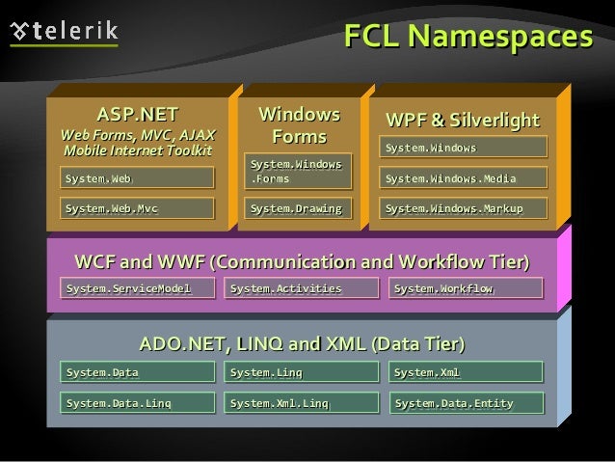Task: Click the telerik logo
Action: [x=64, y=33]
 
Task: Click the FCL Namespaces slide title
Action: [x=468, y=36]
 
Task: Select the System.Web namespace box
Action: [x=137, y=177]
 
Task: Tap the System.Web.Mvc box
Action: [x=137, y=208]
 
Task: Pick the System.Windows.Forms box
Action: [x=298, y=171]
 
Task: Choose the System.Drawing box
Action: [x=298, y=208]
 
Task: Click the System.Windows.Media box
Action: [x=464, y=177]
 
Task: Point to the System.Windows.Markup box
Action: [x=464, y=208]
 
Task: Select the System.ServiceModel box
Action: [x=137, y=288]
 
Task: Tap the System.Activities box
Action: [x=302, y=288]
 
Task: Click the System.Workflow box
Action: [x=466, y=288]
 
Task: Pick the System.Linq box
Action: [x=302, y=371]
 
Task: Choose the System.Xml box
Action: [x=466, y=371]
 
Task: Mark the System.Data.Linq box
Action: [x=137, y=403]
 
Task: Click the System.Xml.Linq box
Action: [x=302, y=403]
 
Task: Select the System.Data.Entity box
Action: [x=467, y=403]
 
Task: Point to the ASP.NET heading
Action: [x=138, y=115]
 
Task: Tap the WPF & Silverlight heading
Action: [x=463, y=121]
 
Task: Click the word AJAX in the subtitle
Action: [x=198, y=135]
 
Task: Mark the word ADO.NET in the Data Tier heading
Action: [x=182, y=344]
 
